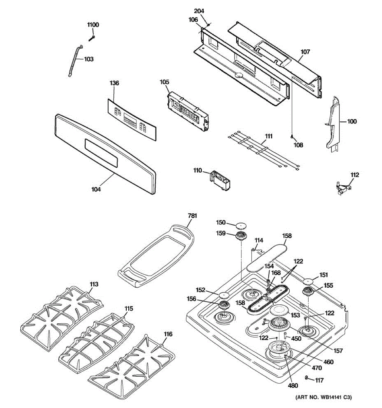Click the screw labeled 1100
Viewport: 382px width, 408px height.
[92, 38]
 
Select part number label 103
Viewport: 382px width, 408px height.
[89, 59]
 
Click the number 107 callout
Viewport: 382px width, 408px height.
[305, 52]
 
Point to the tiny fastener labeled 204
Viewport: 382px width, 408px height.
[208, 24]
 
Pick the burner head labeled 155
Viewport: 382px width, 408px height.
[308, 291]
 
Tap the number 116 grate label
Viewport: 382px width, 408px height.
[168, 334]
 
